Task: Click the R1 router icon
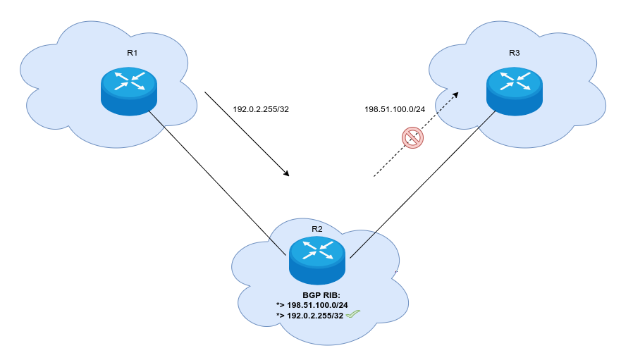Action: pyautogui.click(x=128, y=91)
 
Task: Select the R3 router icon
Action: pyautogui.click(x=514, y=91)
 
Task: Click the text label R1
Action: pyautogui.click(x=133, y=52)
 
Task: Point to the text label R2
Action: pyautogui.click(x=317, y=229)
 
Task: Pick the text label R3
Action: pyautogui.click(x=514, y=52)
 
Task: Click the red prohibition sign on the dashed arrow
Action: pyautogui.click(x=412, y=137)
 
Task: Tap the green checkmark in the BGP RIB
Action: pyautogui.click(x=353, y=315)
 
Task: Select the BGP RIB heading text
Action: pyautogui.click(x=322, y=294)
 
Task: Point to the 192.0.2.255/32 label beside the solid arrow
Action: pyautogui.click(x=261, y=109)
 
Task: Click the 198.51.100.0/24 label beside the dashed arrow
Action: pyautogui.click(x=395, y=109)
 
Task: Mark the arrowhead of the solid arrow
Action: pyautogui.click(x=286, y=173)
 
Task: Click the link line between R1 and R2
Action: pyautogui.click(x=211, y=176)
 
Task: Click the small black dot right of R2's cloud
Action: pyautogui.click(x=398, y=271)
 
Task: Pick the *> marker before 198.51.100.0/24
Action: pyautogui.click(x=281, y=305)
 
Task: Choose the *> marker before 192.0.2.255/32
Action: pyautogui.click(x=281, y=316)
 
